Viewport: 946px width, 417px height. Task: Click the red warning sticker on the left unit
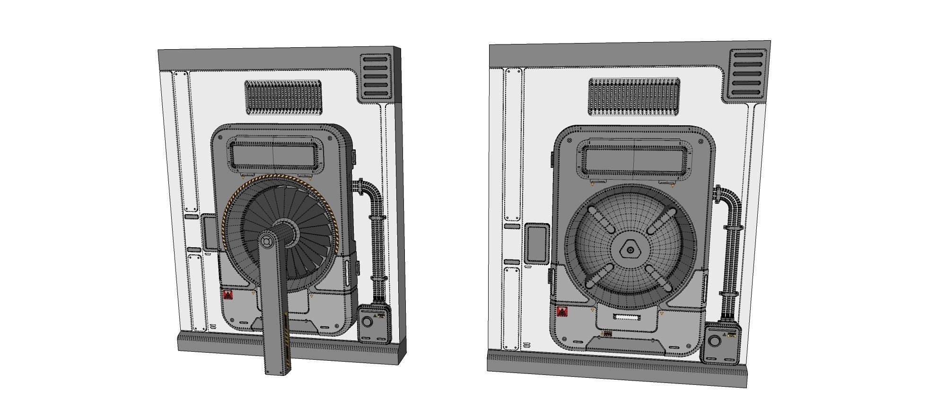click(x=228, y=295)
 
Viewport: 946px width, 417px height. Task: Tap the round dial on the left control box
click(x=367, y=322)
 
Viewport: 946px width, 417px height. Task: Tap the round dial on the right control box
click(x=715, y=341)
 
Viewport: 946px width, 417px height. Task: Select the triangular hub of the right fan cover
click(x=629, y=249)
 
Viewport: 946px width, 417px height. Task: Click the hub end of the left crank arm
click(x=266, y=241)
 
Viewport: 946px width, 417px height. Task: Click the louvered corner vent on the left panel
click(x=376, y=78)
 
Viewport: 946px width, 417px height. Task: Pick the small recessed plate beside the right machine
click(x=536, y=243)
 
